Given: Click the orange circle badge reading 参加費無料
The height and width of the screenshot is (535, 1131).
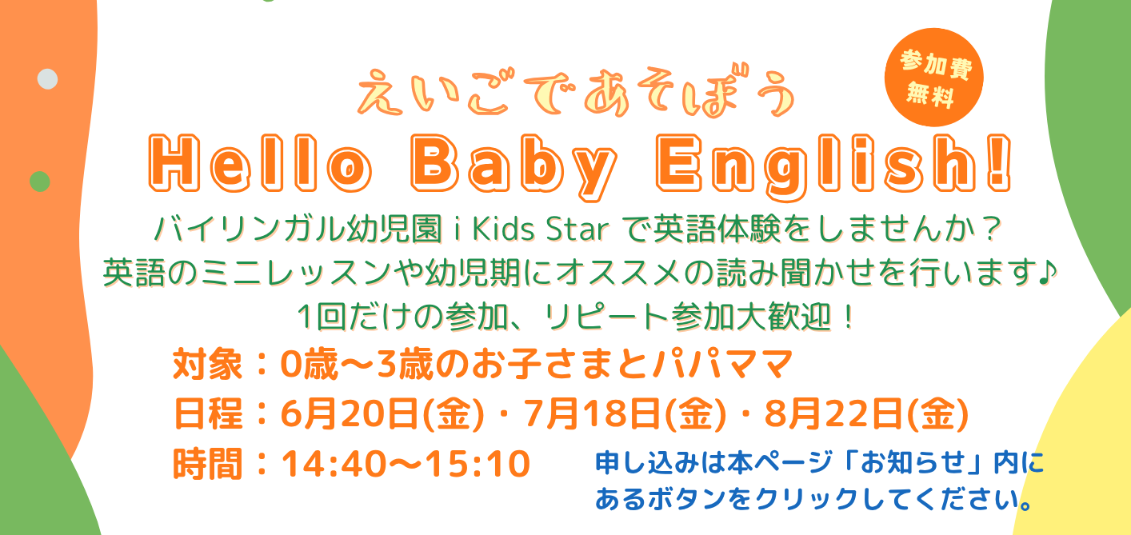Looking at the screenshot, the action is coord(933,78).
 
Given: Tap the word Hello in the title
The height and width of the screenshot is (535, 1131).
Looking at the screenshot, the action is coord(261,163).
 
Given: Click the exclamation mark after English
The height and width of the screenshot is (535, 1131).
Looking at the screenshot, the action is coord(999,163).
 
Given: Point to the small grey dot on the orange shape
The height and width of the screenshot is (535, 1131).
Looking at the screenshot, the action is coord(47,79).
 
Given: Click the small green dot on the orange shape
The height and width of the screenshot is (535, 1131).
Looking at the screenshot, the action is coord(40,182).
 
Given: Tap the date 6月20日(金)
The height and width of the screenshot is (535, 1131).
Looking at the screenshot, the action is coord(382,414).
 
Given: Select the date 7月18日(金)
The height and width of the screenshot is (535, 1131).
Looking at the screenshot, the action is coord(625,414).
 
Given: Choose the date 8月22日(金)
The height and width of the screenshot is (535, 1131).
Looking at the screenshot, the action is coord(866,414).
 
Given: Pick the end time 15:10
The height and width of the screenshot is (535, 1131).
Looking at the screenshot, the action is coord(478,464).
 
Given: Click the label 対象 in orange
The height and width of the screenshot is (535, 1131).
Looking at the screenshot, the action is coord(207,364).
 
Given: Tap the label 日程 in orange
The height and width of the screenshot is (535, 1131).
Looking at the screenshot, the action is coord(207,414).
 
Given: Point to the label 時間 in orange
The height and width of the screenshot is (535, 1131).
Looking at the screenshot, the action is coord(207,464).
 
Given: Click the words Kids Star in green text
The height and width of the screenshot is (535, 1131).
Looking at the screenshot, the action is coord(540,230).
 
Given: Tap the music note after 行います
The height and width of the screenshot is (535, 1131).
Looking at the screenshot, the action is coord(1047,272).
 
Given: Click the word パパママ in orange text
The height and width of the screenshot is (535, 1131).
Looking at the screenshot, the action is coord(722,364).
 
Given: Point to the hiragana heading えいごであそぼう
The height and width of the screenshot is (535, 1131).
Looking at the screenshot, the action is coord(576,93).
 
